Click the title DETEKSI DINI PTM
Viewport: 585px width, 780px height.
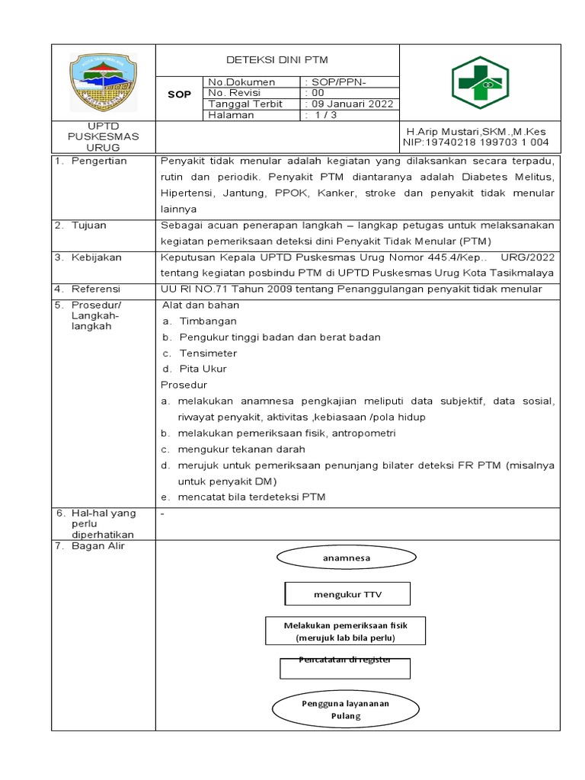(277, 60)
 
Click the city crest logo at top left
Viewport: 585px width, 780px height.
(104, 82)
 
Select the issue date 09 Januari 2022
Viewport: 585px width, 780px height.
(350, 104)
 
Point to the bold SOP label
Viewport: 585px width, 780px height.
(179, 94)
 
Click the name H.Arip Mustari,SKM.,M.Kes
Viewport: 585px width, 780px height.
(475, 131)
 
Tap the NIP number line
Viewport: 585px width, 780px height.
(475, 142)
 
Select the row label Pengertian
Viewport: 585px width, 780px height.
(100, 161)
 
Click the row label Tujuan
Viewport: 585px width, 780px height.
(89, 225)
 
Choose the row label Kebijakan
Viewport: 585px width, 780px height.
(97, 257)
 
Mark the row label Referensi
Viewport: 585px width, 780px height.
(97, 289)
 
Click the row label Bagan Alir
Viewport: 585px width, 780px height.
(98, 545)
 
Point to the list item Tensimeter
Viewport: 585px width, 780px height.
(208, 353)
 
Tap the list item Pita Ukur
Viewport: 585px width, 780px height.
(203, 369)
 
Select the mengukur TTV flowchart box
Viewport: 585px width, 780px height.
(347, 594)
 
